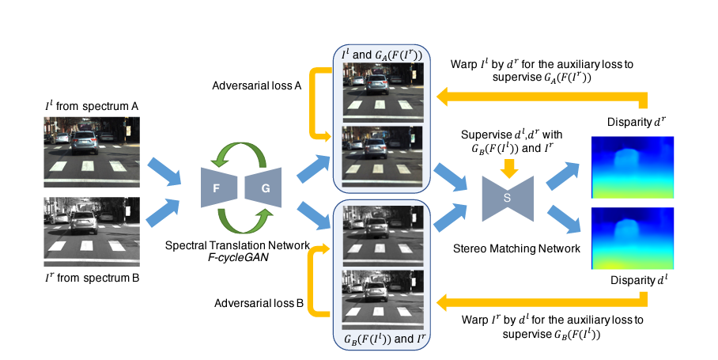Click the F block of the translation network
(215, 189)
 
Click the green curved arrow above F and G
(240, 153)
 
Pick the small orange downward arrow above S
(510, 168)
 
